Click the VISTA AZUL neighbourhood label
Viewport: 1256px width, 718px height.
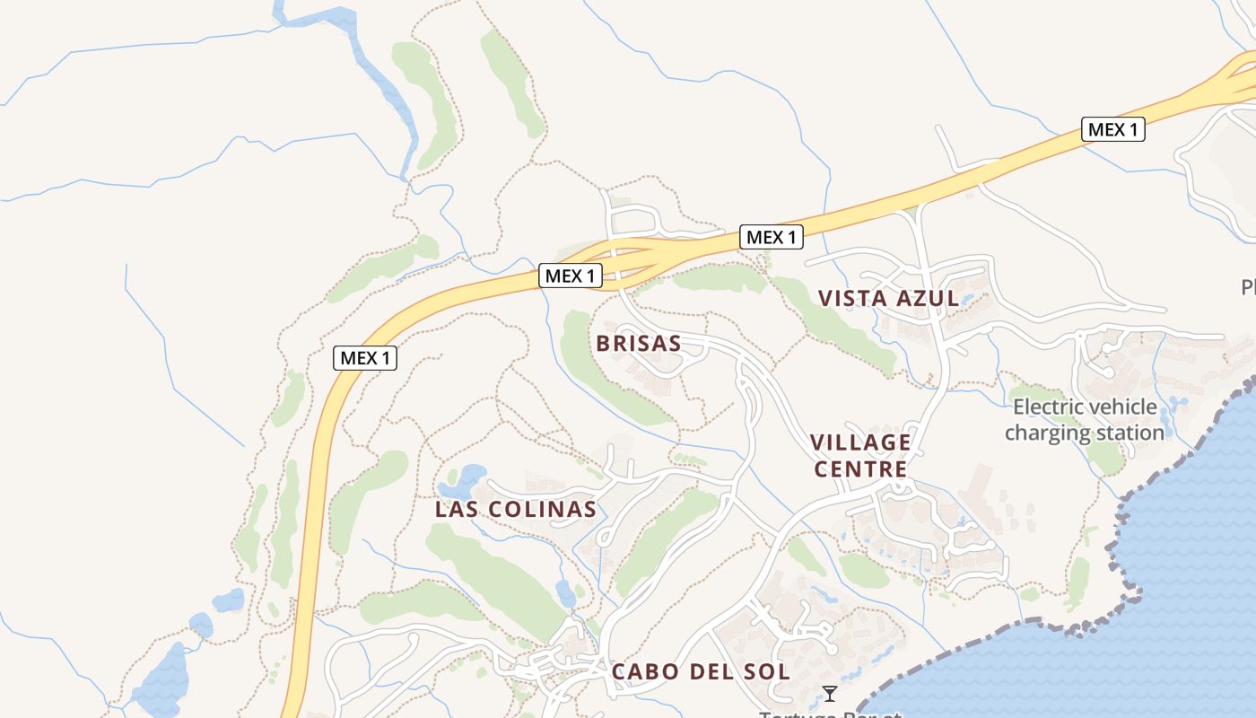pyautogui.click(x=889, y=298)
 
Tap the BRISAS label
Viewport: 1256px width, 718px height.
pyautogui.click(x=639, y=343)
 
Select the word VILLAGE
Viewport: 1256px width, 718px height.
pyautogui.click(x=860, y=442)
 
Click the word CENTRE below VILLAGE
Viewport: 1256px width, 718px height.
pyautogui.click(x=860, y=468)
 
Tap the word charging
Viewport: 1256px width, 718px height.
pyautogui.click(x=1042, y=433)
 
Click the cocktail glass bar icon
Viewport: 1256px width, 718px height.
pyautogui.click(x=830, y=693)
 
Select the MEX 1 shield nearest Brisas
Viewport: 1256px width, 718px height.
pyautogui.click(x=570, y=276)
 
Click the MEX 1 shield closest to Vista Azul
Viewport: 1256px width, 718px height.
pyautogui.click(x=771, y=237)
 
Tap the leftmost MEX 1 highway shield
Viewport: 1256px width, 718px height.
pyautogui.click(x=365, y=357)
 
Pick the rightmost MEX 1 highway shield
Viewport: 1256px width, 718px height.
pyautogui.click(x=1112, y=129)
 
